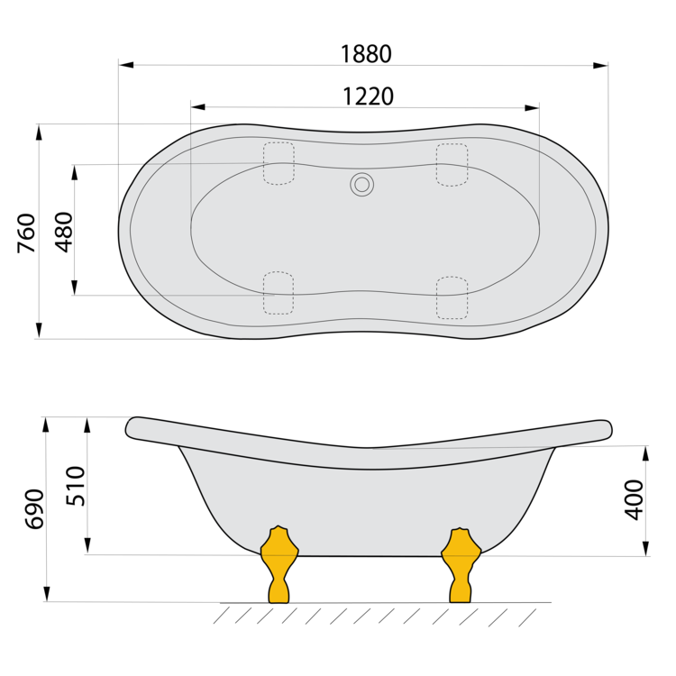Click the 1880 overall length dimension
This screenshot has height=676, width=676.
pos(366,54)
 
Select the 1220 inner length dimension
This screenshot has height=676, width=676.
pos(368,96)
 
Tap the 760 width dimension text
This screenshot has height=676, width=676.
pos(26,233)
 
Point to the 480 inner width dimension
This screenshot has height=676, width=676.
pos(64,232)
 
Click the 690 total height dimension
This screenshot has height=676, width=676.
pos(34,508)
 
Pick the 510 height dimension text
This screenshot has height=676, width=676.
pos(76,486)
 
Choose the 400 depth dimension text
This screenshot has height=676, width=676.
pos(634,499)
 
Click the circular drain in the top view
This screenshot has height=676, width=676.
pos(361,185)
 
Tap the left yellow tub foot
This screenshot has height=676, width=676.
pos(279,564)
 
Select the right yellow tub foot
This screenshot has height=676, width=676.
pos(461,565)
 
